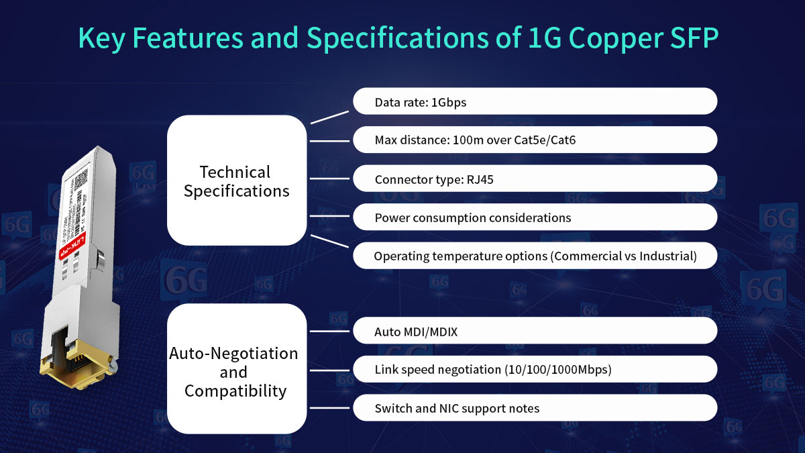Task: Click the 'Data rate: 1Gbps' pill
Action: pos(535,101)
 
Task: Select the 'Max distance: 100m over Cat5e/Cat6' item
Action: pos(535,140)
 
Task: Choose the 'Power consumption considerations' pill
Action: pos(535,217)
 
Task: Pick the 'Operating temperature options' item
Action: pos(535,256)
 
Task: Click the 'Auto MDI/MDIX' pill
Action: pos(535,331)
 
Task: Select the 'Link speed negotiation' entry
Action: pos(535,369)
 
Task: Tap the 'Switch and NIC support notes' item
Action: pos(535,408)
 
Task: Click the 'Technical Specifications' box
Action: pos(236,181)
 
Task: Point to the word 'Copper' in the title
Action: pos(606,38)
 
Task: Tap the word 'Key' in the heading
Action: pos(102,38)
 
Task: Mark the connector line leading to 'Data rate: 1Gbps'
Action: pos(329,117)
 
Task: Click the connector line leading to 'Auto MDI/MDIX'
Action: pos(329,331)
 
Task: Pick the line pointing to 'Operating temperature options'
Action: pos(329,241)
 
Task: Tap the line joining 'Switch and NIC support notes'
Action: pos(329,408)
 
